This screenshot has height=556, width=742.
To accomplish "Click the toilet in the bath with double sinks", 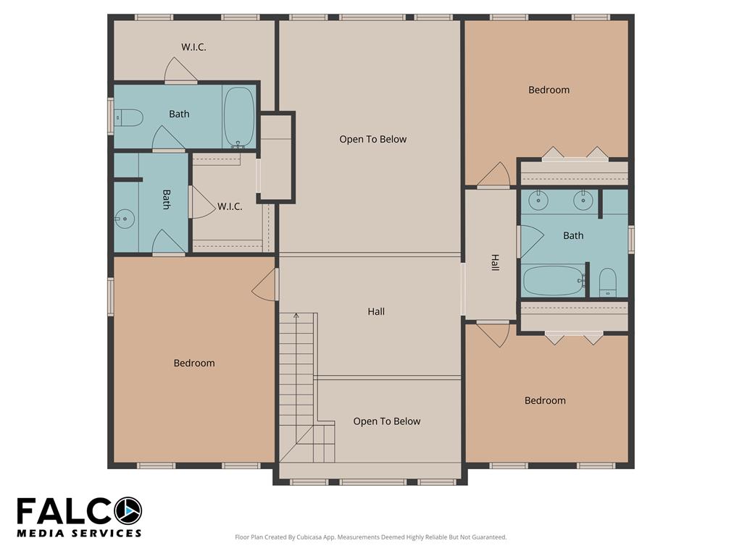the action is point(608,283).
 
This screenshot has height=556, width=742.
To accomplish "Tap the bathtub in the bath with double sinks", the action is point(554,280).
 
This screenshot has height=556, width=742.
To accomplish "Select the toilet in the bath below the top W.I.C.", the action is point(128,118).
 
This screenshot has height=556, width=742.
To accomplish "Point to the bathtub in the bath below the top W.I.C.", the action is point(239,117).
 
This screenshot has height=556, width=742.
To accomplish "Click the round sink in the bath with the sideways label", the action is point(125,219).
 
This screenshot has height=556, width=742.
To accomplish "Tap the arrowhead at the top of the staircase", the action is point(296,315).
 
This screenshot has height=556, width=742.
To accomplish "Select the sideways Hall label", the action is point(495,262).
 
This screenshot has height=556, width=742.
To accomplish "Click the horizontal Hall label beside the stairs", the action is point(376,311).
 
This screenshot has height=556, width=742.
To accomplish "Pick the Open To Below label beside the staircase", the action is point(387,421).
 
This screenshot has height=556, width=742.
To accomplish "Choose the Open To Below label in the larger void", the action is point(373,139).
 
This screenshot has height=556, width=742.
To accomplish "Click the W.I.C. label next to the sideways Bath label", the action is point(230,206).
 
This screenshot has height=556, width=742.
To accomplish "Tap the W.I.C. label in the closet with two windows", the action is point(193,47).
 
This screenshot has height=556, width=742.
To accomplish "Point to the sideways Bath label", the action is point(167,199).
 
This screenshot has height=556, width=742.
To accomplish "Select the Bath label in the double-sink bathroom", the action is point(573,235).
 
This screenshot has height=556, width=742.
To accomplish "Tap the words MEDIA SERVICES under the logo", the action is point(79,533).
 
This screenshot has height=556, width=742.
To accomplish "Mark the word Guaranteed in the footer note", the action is point(491,537).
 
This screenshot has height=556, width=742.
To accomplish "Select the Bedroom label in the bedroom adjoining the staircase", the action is point(194,363).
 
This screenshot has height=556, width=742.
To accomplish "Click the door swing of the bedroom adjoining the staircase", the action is point(263,285).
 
